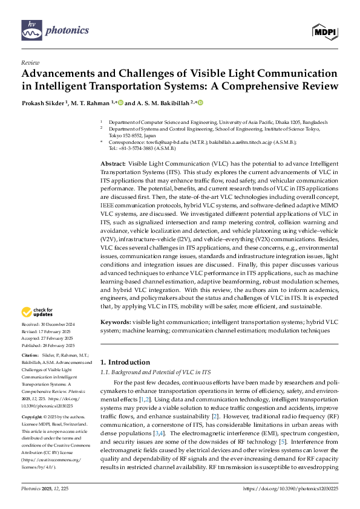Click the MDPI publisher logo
(x=325, y=30)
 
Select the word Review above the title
(x=30, y=62)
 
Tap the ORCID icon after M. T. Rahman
(x=120, y=103)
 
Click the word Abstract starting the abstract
(x=113, y=164)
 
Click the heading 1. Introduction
(x=125, y=362)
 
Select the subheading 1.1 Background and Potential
(x=156, y=372)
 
